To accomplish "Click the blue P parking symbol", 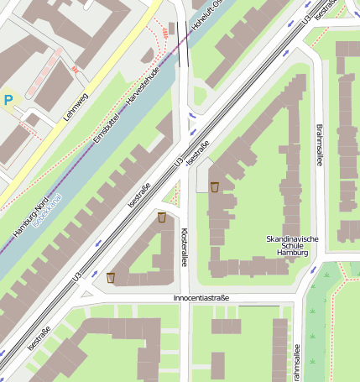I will tap(8, 100).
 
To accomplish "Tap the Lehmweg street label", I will tap(77, 106).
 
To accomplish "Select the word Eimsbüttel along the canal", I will tap(107, 126).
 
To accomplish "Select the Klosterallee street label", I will tap(183, 245).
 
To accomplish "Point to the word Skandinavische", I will tap(292, 238).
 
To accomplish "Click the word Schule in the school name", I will tap(292, 246).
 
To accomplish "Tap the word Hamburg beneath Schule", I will tap(292, 253).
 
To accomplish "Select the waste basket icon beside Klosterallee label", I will tap(161, 217).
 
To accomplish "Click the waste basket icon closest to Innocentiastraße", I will tap(111, 277).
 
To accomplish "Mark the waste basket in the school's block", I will tap(215, 186).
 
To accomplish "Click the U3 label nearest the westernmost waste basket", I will tap(77, 275).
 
